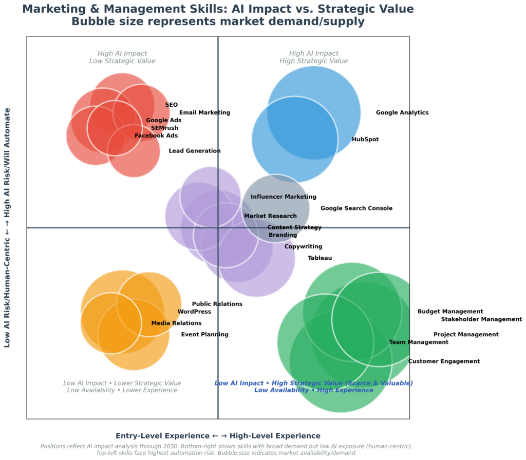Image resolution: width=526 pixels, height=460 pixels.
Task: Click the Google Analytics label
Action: click(402, 113)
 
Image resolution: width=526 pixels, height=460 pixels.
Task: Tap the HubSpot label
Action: click(365, 140)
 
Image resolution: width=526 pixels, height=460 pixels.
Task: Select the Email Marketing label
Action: click(204, 113)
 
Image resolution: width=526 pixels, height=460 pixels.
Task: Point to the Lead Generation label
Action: click(195, 151)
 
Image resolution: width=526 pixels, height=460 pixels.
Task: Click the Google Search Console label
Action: click(356, 208)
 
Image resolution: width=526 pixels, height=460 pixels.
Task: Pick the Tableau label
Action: click(320, 258)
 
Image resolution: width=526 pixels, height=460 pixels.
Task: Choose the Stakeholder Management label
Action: click(481, 319)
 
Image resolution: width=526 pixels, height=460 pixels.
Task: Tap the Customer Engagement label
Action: click(444, 361)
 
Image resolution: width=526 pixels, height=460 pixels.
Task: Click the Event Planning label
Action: click(204, 335)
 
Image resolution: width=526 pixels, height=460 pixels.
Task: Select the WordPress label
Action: click(194, 312)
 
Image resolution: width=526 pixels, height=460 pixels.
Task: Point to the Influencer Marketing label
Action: click(284, 197)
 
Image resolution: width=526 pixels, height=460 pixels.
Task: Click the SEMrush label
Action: click(165, 128)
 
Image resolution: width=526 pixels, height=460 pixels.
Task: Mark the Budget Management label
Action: click(450, 312)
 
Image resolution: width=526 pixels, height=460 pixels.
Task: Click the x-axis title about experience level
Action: click(218, 435)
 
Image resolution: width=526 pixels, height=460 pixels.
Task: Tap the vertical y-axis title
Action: click(8, 227)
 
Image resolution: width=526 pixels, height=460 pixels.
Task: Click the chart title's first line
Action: click(218, 9)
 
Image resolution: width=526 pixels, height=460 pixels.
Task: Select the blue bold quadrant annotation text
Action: click(313, 387)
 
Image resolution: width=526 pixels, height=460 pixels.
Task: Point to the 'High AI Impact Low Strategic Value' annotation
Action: click(122, 57)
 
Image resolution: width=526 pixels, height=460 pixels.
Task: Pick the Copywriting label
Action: click(304, 247)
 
